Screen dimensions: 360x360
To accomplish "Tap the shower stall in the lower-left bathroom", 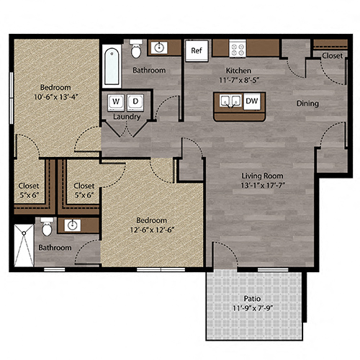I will click(24, 245).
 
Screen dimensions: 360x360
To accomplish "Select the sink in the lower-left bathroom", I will click(71, 226).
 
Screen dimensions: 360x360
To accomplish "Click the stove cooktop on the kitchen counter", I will click(238, 49).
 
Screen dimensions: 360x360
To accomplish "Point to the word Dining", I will click(307, 103).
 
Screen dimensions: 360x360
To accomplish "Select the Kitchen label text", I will click(238, 70).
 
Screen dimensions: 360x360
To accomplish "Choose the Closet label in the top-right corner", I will click(332, 55).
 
